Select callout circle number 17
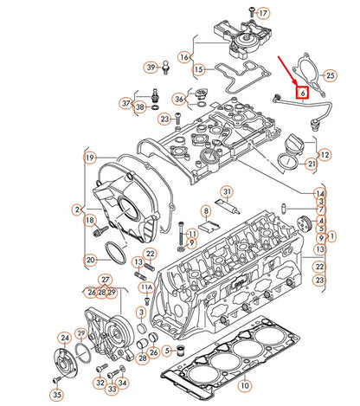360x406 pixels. (x=264, y=13)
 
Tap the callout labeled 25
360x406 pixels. (x=329, y=76)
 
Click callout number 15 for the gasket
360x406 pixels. (x=198, y=69)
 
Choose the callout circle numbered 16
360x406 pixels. (x=184, y=56)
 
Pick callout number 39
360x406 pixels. (x=150, y=67)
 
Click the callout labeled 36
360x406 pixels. (x=178, y=99)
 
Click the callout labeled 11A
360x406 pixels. (x=147, y=287)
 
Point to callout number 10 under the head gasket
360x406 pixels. (x=245, y=384)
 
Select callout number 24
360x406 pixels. (x=64, y=338)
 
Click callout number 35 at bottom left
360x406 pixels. (x=56, y=395)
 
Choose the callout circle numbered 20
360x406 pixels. (x=90, y=259)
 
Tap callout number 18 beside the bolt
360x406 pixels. (x=89, y=222)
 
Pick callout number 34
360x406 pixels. (x=122, y=383)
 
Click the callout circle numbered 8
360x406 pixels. (x=205, y=210)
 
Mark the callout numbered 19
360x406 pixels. (x=89, y=158)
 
